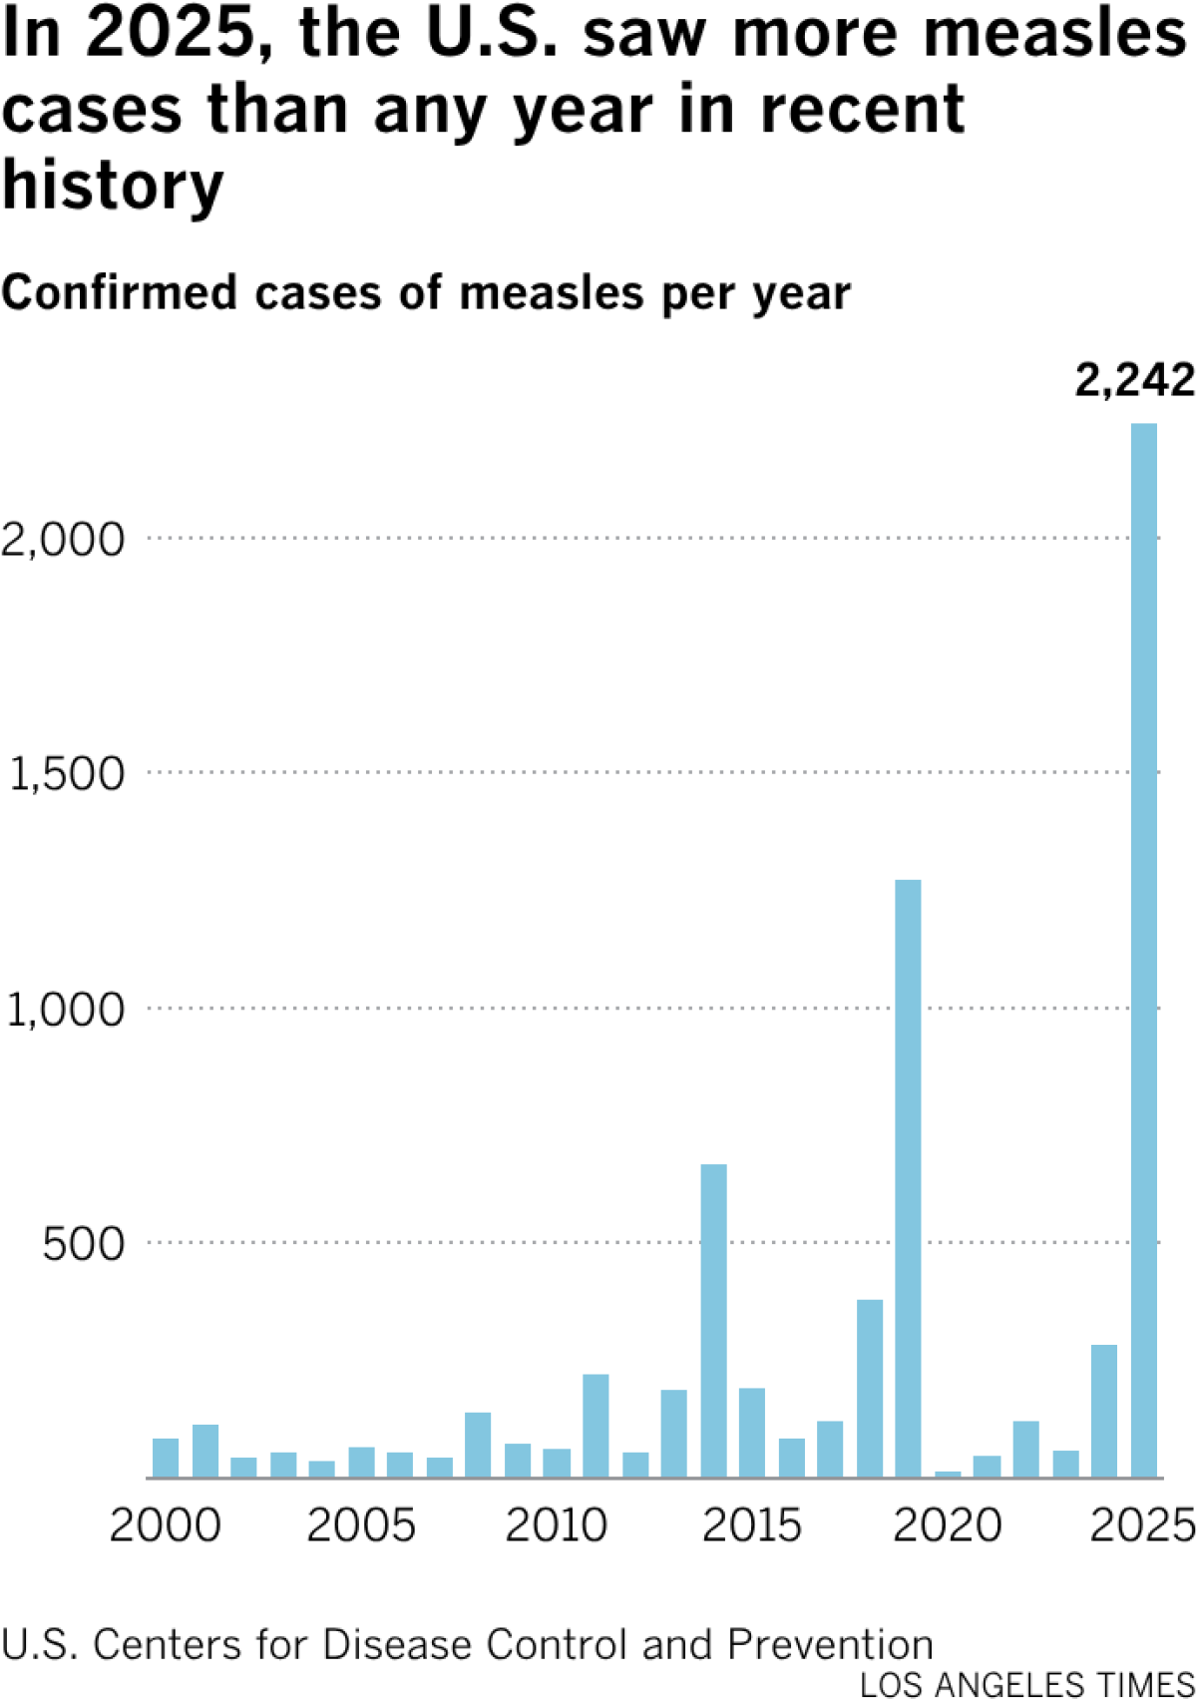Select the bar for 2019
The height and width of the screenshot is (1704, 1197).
pyautogui.click(x=908, y=1177)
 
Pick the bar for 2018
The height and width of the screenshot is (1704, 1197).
pyautogui.click(x=869, y=1388)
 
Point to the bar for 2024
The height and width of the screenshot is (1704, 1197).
pyautogui.click(x=1104, y=1411)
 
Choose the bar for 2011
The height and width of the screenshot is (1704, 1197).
pyautogui.click(x=596, y=1426)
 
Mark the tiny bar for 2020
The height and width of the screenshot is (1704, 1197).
pyautogui.click(x=948, y=1474)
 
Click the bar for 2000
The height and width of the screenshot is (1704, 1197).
pyautogui.click(x=166, y=1458)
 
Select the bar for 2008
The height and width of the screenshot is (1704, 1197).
pyautogui.click(x=478, y=1445)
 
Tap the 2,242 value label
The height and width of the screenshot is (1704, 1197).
pyautogui.click(x=1134, y=380)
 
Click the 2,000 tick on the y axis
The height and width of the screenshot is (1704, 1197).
pyautogui.click(x=64, y=540)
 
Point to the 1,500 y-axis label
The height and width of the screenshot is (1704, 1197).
pyautogui.click(x=66, y=774)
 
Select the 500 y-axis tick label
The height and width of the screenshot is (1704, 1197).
pyautogui.click(x=83, y=1244)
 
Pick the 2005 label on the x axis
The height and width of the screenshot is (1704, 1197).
pyautogui.click(x=360, y=1525)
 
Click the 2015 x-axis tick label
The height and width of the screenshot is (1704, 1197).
pyautogui.click(x=751, y=1525)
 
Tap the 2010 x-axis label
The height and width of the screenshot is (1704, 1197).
pyautogui.click(x=556, y=1525)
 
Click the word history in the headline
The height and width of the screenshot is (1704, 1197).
pyautogui.click(x=113, y=187)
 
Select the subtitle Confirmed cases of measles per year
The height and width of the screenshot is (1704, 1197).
pyautogui.click(x=426, y=293)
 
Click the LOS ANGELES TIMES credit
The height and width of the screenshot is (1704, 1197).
pyautogui.click(x=1026, y=1685)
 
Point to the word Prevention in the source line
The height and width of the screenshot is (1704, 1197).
pyautogui.click(x=830, y=1645)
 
